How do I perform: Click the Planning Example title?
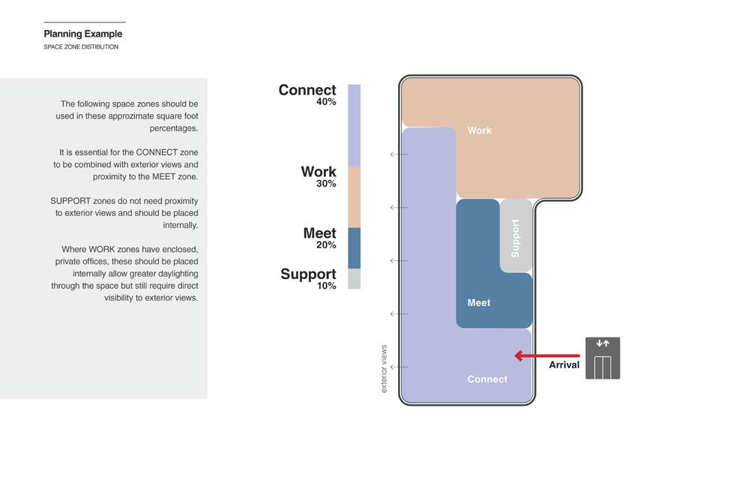pos(82,34)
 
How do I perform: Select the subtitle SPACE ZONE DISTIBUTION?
pos(80,47)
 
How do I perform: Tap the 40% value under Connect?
pos(326,102)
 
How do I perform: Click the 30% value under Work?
pos(326,184)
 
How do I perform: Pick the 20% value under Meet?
pos(326,245)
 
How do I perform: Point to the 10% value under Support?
pos(326,286)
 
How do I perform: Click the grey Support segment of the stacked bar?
pos(354,279)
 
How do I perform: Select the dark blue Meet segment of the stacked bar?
pos(354,248)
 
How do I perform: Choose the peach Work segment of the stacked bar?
pos(354,196)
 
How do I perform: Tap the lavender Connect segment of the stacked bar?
pos(354,125)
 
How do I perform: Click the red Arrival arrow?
pos(546,356)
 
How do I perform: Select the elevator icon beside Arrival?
pos(603,358)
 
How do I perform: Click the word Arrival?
pos(564,365)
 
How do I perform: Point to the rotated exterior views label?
pos(384,369)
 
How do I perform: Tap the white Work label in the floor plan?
pos(480,130)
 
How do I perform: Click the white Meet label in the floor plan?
pos(479,303)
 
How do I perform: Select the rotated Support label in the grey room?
pos(515,238)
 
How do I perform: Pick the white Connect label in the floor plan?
pos(487,379)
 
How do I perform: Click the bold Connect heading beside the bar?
pos(307,90)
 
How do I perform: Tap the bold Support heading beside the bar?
pos(308,274)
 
